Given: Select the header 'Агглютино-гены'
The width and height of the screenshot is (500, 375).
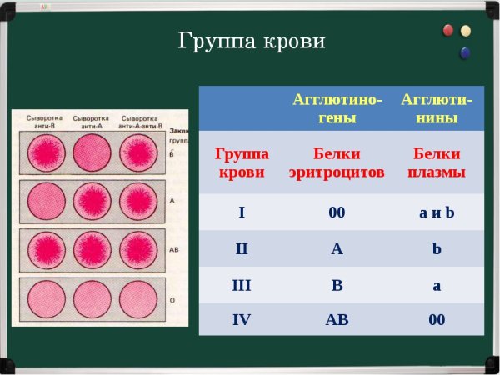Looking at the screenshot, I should coord(337,108).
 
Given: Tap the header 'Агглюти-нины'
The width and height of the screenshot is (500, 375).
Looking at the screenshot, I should coord(437,108).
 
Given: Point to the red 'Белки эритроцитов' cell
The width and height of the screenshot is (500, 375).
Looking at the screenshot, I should coord(337,163).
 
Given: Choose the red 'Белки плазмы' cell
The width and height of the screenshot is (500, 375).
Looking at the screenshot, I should coord(437,163).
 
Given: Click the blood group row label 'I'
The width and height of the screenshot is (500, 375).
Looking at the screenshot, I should coord(242,212).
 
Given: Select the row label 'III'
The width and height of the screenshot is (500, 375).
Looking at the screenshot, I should coord(242,286).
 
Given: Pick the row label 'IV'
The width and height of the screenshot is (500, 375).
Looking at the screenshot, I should coord(242,319).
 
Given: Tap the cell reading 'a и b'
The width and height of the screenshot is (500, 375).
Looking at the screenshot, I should coord(437,212).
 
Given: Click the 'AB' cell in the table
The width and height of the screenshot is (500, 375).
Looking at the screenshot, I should coord(337,319).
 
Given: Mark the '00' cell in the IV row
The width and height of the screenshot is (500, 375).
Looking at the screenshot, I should coord(437,319).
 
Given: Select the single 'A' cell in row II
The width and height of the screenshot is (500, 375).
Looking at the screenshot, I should coord(337,247).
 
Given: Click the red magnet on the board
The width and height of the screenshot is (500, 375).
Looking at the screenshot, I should coord(448,31).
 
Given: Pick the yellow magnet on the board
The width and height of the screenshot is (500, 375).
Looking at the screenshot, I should coord(466,32).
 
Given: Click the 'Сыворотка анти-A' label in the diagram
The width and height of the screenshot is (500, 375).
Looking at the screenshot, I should coord(91,121).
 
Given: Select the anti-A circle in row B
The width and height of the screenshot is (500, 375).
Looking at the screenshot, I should coord(91,152).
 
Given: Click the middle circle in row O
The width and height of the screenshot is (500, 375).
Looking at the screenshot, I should coord(91,297).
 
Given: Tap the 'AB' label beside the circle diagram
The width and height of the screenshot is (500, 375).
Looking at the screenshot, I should coord(172,248).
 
